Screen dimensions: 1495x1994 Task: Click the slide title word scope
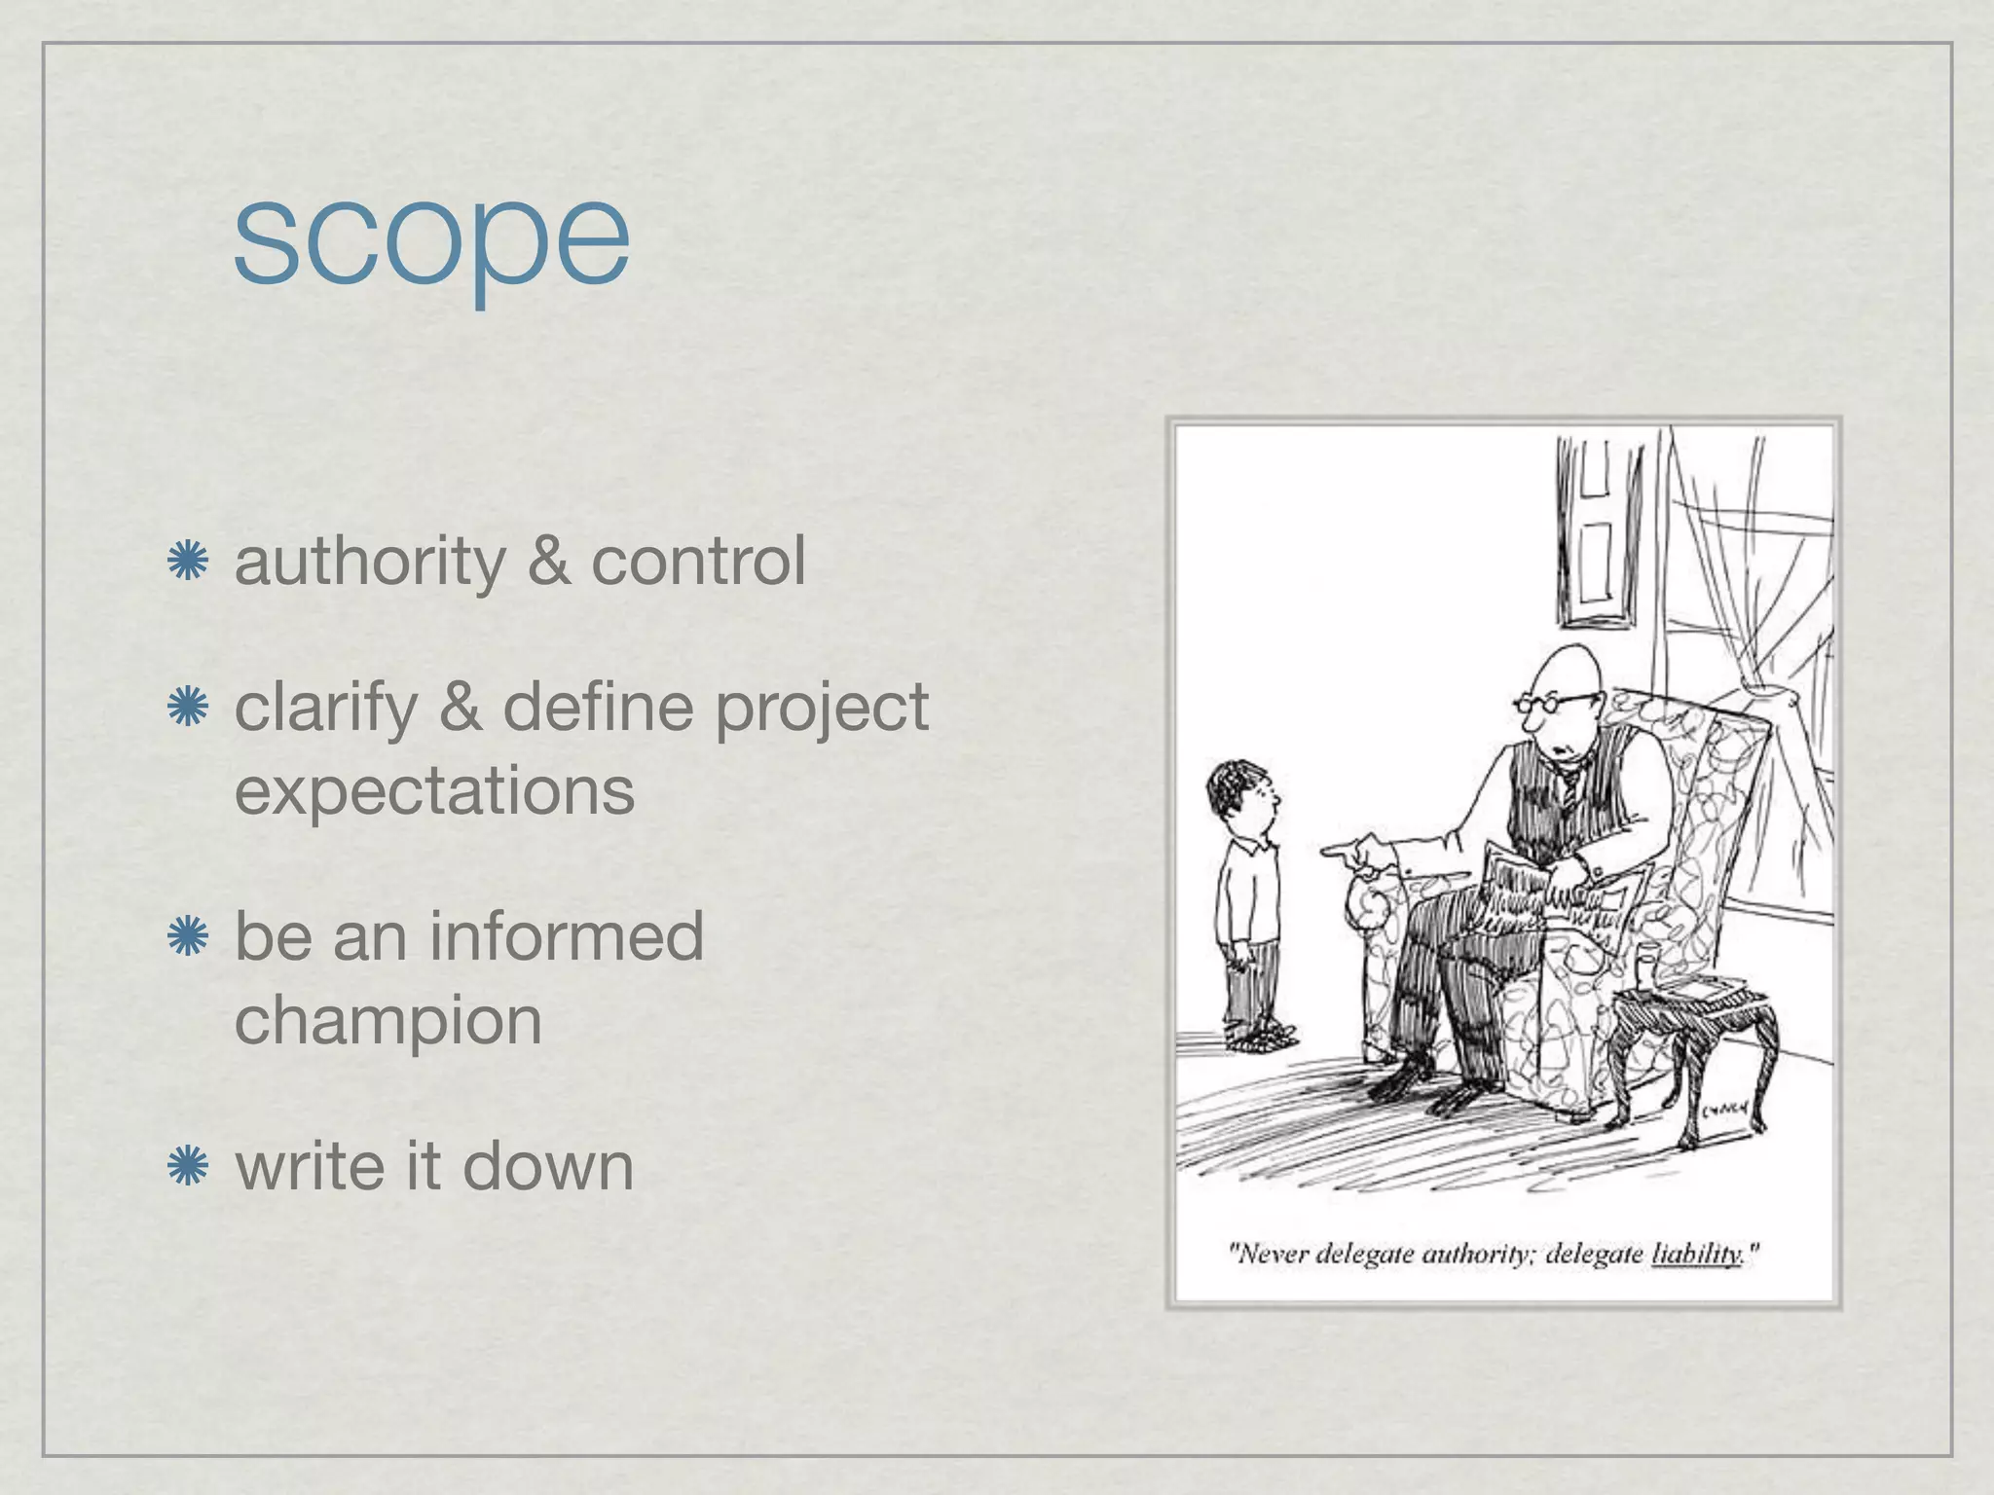431,239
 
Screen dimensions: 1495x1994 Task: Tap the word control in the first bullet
698,562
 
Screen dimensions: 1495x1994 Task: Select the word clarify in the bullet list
325,708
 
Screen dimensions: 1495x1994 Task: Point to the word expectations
434,790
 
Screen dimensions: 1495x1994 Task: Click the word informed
566,936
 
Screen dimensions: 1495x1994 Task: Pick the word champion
388,1021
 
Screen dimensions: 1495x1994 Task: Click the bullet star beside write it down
188,1166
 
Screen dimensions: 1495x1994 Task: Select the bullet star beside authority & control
188,562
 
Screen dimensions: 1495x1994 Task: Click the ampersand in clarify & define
460,708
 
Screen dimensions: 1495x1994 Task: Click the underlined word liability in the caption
1696,1254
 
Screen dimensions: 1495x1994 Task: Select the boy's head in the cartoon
1240,793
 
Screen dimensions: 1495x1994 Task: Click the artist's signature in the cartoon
1725,1107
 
